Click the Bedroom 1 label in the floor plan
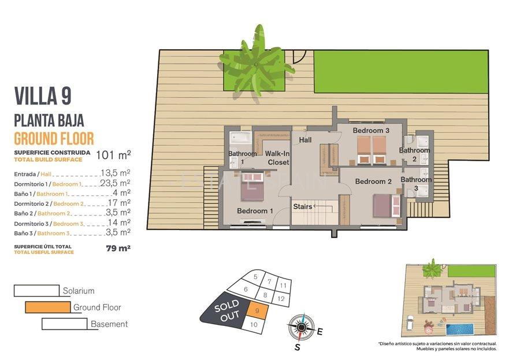pyautogui.click(x=255, y=211)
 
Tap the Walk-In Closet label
pyautogui.click(x=278, y=158)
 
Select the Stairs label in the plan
pyautogui.click(x=302, y=206)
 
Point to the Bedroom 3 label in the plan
pyautogui.click(x=371, y=131)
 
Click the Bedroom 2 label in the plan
pyautogui.click(x=373, y=181)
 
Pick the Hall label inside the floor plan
pyautogui.click(x=305, y=140)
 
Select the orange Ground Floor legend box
pyautogui.click(x=48, y=307)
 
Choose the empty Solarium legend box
pyautogui.click(x=36, y=291)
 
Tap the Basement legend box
pyautogui.click(x=65, y=324)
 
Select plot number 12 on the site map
pyautogui.click(x=280, y=298)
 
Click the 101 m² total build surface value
pyautogui.click(x=113, y=154)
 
